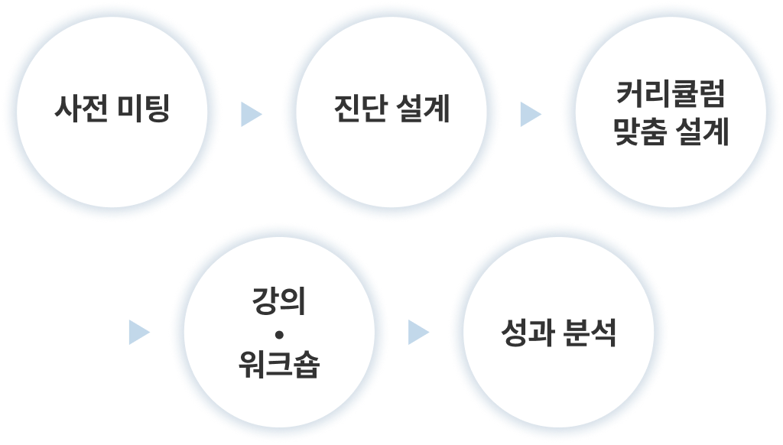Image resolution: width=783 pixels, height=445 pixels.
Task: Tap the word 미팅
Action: coord(144,110)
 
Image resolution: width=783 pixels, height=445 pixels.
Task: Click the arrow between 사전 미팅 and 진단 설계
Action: coord(250,115)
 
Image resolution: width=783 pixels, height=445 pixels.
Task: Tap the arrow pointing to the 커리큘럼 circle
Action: coord(529,115)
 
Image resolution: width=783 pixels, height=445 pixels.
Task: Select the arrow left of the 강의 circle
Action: coord(138,332)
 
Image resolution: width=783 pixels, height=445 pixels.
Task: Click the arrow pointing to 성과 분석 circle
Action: coord(417,332)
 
